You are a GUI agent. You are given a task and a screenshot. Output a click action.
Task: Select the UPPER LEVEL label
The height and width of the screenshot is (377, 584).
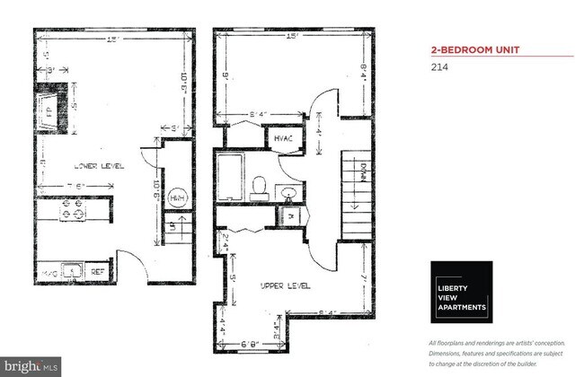[285, 285]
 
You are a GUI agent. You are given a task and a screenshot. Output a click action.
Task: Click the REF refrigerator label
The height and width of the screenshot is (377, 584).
[98, 268]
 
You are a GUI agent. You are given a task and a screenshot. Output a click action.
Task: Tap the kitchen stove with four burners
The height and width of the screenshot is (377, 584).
[71, 213]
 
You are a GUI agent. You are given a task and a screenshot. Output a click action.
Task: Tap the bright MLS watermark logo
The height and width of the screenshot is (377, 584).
[31, 366]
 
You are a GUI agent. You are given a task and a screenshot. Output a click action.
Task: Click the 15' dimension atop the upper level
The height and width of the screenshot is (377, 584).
[292, 36]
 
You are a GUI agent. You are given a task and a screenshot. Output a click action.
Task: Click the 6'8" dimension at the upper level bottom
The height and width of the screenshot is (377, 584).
[251, 344]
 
